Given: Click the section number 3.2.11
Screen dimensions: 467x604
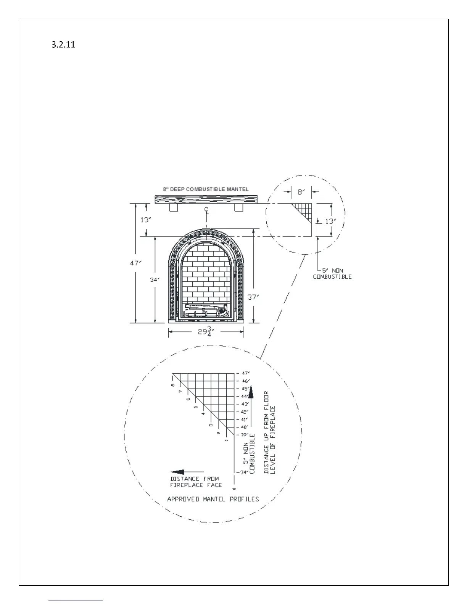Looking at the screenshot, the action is click(63, 45).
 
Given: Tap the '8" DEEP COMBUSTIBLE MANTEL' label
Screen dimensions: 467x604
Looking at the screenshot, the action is click(206, 189).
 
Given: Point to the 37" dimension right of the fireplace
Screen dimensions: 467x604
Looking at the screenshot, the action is click(253, 297).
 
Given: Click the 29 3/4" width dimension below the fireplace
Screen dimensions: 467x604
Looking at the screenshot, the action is click(206, 331).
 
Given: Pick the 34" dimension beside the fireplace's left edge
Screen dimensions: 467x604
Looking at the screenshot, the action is click(154, 280).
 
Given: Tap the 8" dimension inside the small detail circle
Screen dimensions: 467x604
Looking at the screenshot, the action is click(301, 192).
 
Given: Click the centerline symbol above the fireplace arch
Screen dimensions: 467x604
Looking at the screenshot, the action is click(206, 210).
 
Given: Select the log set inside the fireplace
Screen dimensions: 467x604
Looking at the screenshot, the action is click(206, 310).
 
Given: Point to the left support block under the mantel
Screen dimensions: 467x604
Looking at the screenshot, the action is click(173, 208).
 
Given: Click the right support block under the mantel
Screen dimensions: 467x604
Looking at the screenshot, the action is click(239, 208).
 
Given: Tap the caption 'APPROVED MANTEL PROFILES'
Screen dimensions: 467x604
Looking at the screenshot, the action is click(213, 499).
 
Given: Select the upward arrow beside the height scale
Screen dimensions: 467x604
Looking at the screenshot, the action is click(251, 393).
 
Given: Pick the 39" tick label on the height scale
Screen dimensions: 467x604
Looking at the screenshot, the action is click(244, 435).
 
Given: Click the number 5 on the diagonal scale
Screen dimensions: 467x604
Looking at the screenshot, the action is click(196, 407).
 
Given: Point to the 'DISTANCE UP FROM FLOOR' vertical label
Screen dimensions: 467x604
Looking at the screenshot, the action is click(266, 432).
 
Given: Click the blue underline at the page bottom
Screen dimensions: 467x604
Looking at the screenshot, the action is click(76, 601).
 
